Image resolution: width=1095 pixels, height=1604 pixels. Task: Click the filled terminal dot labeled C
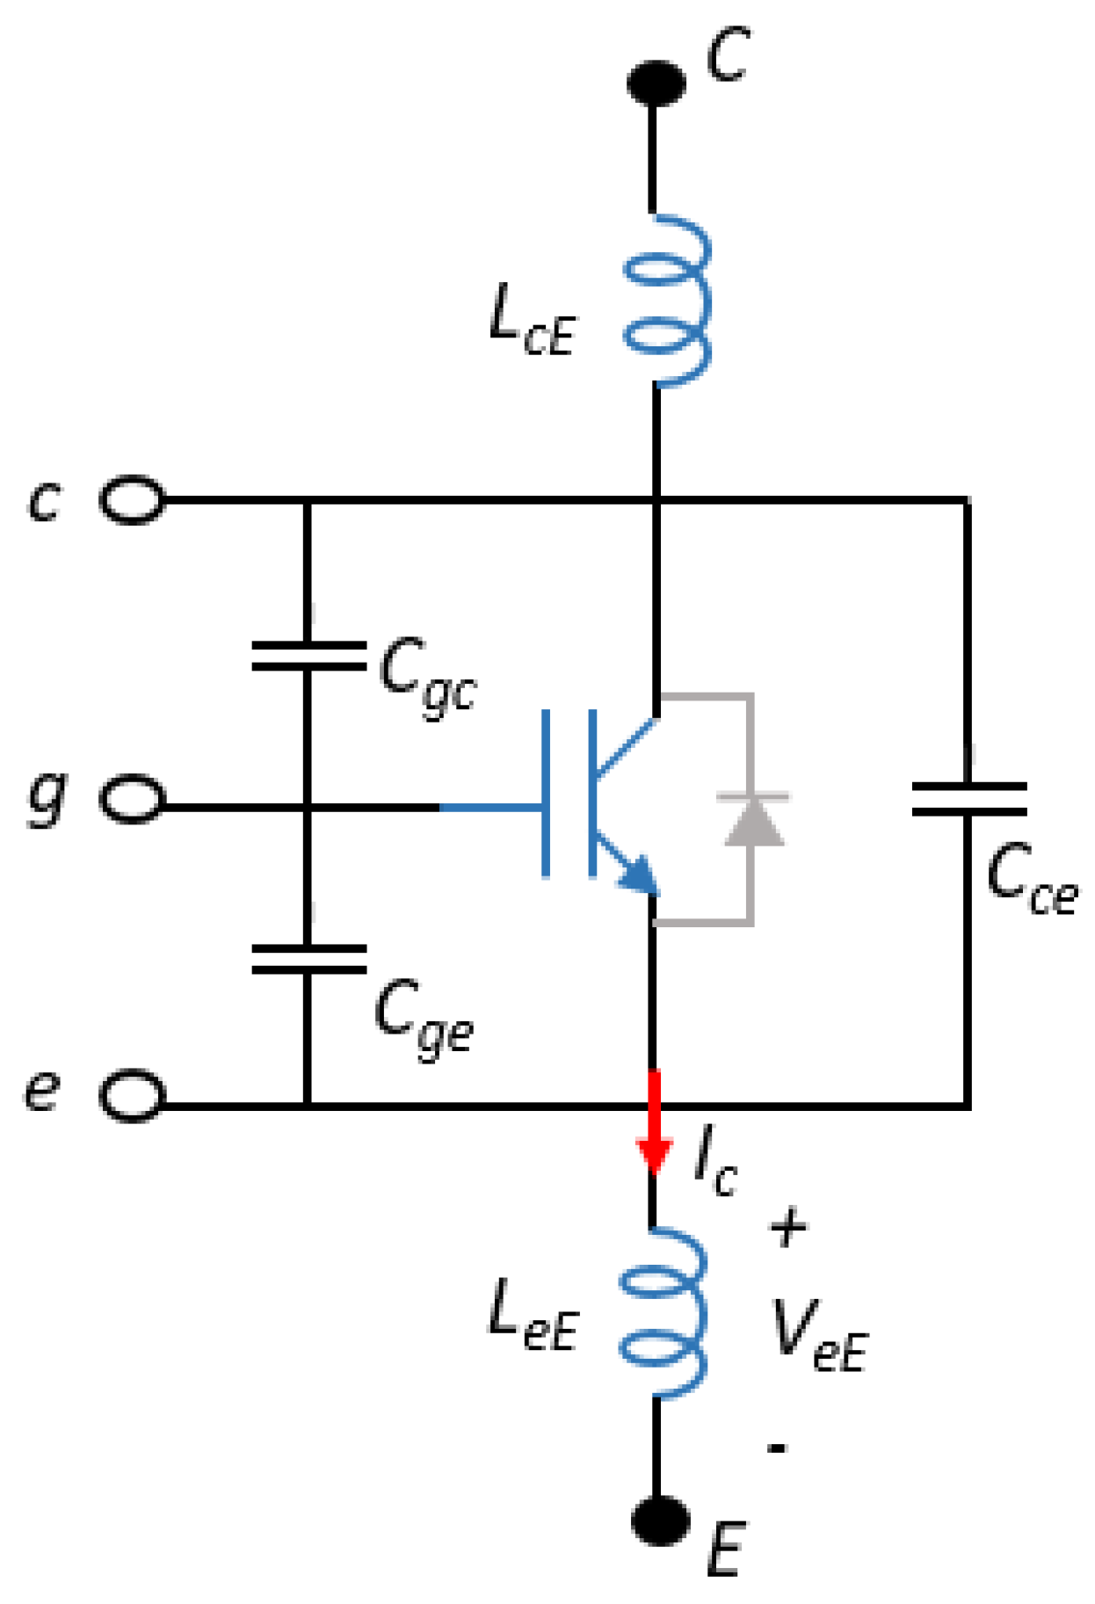click(656, 83)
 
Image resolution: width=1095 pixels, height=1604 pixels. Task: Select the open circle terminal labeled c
click(133, 500)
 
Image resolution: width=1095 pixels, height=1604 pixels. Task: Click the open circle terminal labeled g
click(133, 799)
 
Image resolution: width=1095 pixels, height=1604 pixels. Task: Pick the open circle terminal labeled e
click(133, 1096)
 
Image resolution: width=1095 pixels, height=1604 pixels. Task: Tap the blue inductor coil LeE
click(663, 1313)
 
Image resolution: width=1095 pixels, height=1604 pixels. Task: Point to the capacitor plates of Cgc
click(308, 656)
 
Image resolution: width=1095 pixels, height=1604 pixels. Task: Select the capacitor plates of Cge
click(308, 959)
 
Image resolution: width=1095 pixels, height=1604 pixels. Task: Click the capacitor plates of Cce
click(968, 799)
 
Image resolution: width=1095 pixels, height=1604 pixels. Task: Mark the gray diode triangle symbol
click(754, 821)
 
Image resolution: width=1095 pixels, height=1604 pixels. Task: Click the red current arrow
click(654, 1125)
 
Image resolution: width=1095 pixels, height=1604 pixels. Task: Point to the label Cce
click(1031, 880)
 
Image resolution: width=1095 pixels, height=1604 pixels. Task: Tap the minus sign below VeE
click(777, 1447)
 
